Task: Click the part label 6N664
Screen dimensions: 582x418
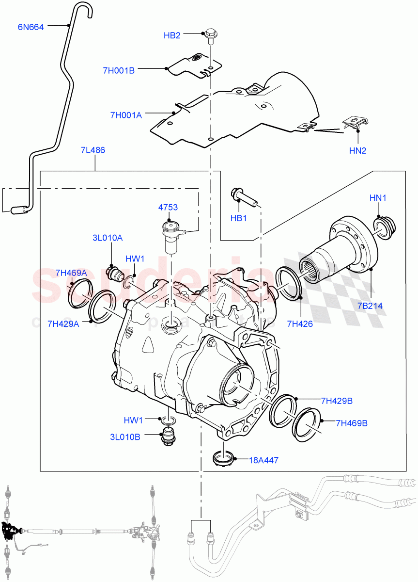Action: pyautogui.click(x=31, y=27)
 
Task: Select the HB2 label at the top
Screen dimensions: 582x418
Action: pyautogui.click(x=172, y=35)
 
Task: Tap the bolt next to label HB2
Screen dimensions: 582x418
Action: pyautogui.click(x=211, y=35)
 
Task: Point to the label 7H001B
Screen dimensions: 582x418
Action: pyautogui.click(x=118, y=70)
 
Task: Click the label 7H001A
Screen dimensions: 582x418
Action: pyautogui.click(x=126, y=115)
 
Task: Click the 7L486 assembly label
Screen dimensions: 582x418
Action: pyautogui.click(x=93, y=150)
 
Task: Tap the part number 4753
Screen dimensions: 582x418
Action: pyautogui.click(x=168, y=207)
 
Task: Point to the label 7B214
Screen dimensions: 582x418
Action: pyautogui.click(x=370, y=306)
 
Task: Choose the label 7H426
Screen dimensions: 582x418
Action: pyautogui.click(x=299, y=323)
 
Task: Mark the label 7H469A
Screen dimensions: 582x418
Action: pyautogui.click(x=71, y=273)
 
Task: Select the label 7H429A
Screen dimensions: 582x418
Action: pyautogui.click(x=63, y=323)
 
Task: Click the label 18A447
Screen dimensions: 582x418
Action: pyautogui.click(x=263, y=460)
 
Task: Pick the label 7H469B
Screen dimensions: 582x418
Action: pyautogui.click(x=352, y=423)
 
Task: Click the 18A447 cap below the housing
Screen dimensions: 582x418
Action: pyautogui.click(x=224, y=458)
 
